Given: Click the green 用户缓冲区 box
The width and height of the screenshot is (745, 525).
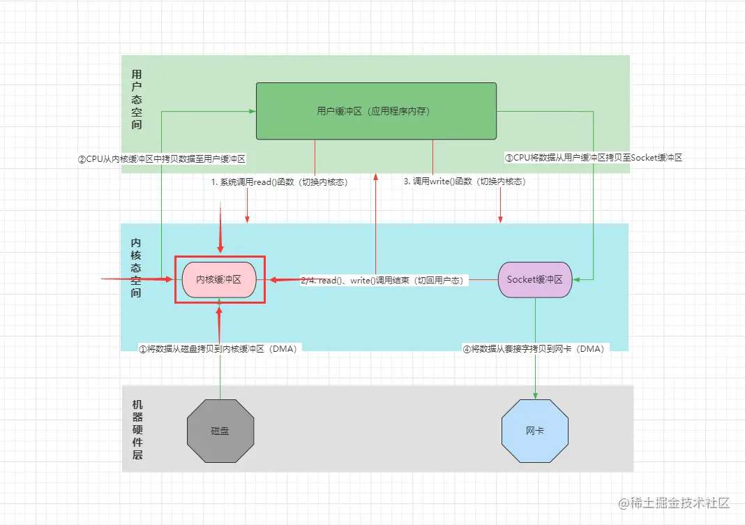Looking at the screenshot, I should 376,111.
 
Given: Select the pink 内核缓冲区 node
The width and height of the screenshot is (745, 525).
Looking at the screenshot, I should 218,279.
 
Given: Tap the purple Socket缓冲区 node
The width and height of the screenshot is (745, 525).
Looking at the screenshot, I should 535,279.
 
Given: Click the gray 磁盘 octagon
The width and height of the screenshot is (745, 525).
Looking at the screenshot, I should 220,431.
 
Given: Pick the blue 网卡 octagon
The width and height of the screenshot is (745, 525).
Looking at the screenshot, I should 535,431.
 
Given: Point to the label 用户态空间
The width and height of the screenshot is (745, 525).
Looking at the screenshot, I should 137,99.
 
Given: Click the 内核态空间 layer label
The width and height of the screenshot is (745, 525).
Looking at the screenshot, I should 136,267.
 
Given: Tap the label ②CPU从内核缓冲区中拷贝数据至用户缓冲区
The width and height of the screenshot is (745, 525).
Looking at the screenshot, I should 162,158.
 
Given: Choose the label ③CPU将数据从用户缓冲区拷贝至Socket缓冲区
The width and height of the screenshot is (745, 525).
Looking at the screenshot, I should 594,158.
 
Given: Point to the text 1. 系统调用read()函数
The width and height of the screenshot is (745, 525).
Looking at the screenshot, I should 279,182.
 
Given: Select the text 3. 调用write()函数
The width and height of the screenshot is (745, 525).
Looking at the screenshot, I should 465,182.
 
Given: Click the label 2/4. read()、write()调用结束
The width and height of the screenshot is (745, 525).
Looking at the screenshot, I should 382,280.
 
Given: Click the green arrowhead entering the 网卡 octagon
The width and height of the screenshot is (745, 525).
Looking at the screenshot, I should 535,396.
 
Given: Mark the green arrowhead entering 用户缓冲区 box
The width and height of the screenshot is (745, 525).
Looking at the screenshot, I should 252,111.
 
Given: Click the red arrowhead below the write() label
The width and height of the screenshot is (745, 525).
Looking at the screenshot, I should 500,219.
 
